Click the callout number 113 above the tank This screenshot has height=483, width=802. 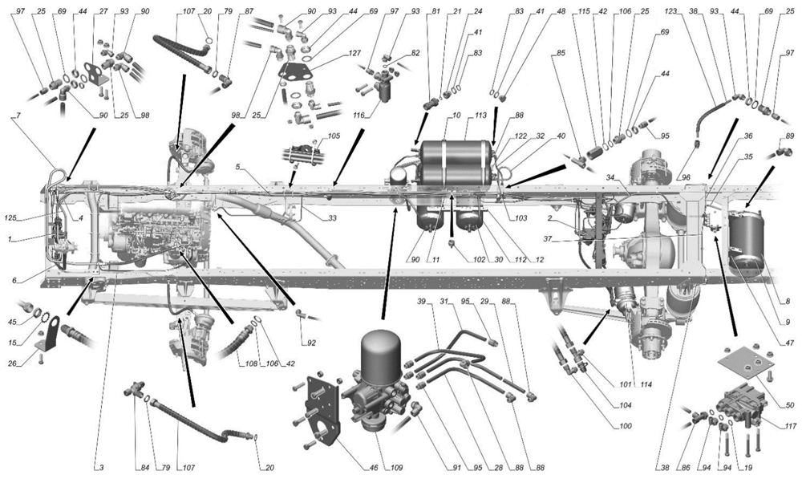(481, 114)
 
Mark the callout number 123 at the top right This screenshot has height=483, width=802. (672, 11)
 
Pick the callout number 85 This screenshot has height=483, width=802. (559, 55)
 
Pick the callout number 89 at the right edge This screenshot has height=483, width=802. (790, 136)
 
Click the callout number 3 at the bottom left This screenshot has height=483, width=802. (101, 467)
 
